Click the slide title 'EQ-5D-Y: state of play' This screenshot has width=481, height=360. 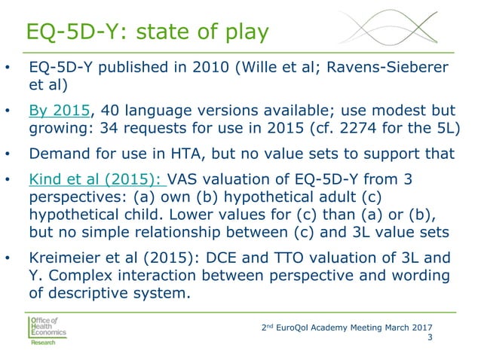146,32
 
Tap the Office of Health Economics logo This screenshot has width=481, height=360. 47,330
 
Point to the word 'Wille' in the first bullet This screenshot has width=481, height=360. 255,69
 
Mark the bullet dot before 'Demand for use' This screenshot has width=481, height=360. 8,156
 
